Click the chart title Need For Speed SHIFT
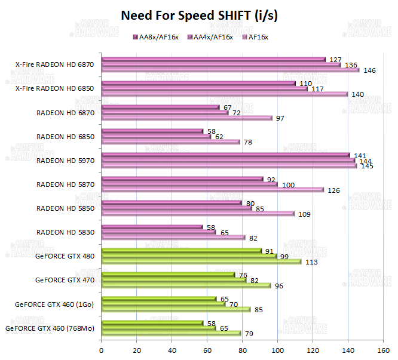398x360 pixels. click(x=199, y=16)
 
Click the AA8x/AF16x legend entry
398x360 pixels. click(x=158, y=37)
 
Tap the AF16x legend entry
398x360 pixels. click(x=258, y=37)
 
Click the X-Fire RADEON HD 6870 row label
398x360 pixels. click(x=55, y=64)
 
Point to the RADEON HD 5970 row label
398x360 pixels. click(x=65, y=160)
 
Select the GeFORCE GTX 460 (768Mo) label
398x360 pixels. click(x=50, y=328)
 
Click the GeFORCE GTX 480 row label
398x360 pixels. click(x=65, y=256)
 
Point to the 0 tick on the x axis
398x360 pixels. click(x=102, y=349)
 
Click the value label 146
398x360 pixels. click(x=369, y=70)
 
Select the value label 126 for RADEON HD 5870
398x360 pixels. click(x=333, y=190)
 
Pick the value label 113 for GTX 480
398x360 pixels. click(x=311, y=262)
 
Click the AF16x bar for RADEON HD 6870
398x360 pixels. click(x=186, y=118)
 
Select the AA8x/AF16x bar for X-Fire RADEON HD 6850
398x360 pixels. click(x=198, y=83)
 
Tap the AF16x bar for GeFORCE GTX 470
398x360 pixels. click(x=186, y=285)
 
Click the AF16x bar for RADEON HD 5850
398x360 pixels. click(x=197, y=214)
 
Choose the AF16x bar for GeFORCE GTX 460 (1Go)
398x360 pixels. click(x=176, y=309)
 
